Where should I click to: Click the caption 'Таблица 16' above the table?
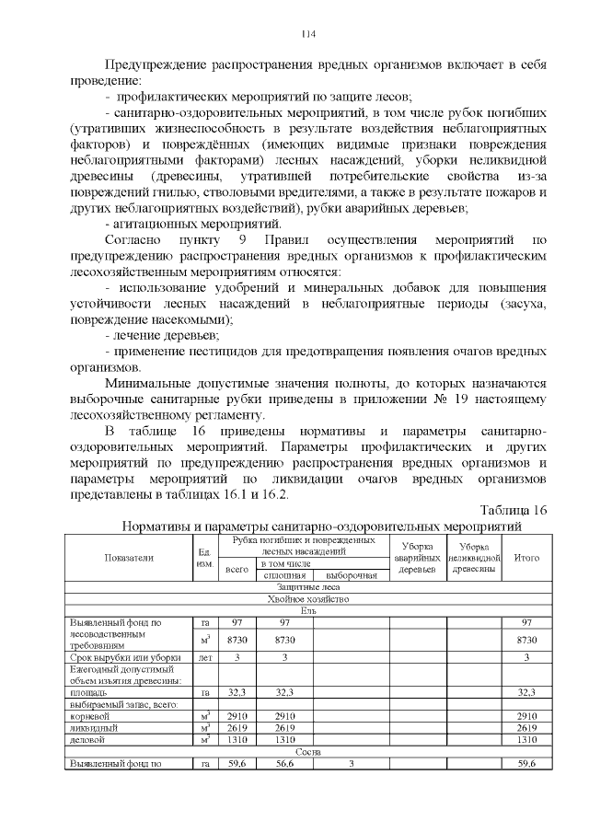coord(514,510)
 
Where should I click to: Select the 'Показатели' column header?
coord(129,557)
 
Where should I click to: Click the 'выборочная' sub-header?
coord(349,575)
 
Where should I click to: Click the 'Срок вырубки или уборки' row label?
coord(124,656)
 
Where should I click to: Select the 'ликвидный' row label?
coord(90,726)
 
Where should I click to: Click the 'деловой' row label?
coord(87,738)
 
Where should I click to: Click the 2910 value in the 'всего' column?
coord(237,715)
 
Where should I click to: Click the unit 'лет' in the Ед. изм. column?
coord(205,656)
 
